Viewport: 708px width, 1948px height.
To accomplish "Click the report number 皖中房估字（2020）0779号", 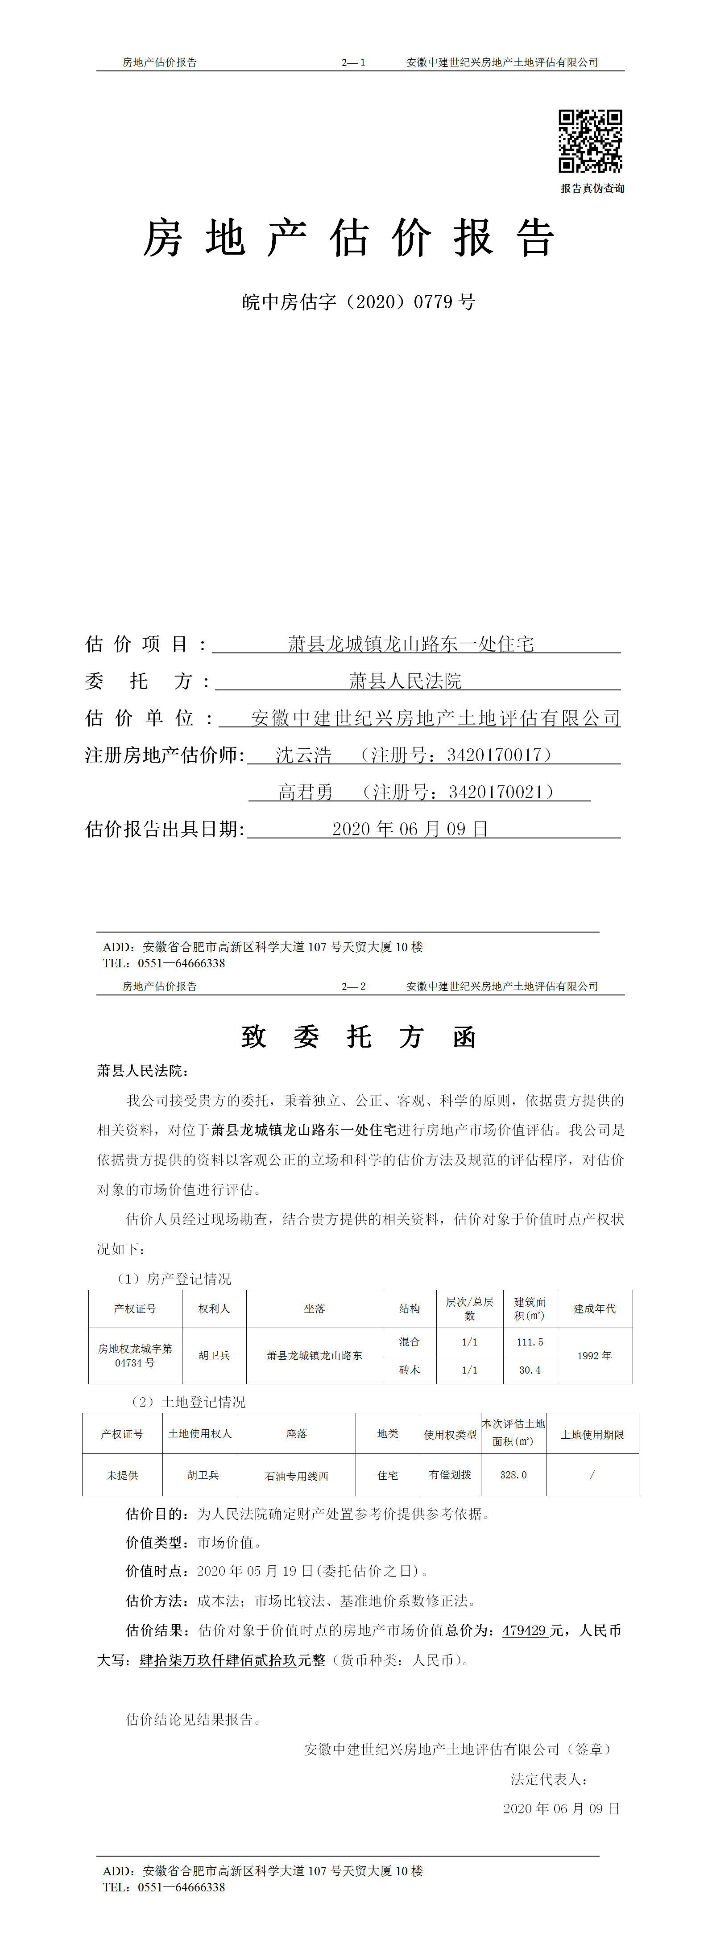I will pos(359,302).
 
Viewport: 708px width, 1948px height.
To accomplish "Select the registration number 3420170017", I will pos(494,755).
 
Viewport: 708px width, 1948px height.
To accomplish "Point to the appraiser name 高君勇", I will pos(305,792).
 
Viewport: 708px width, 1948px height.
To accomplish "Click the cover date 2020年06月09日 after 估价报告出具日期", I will pos(410,829).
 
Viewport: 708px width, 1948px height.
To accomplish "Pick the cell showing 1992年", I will pos(595,1356).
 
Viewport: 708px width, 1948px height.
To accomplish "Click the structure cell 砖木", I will pos(409,1370).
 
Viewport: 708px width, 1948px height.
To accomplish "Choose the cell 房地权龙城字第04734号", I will pos(135,1356).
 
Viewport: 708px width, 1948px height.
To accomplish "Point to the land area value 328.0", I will pos(513,1475).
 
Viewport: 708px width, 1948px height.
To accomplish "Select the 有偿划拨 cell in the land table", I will pos(450,1475).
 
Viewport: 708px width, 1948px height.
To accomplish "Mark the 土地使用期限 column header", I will pos(592,1435).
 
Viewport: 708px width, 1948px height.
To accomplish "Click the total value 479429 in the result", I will pos(524,1630).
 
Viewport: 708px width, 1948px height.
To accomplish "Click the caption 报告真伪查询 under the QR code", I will pos(592,188).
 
